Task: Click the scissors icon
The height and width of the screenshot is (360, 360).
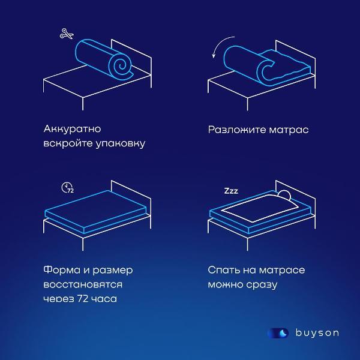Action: [x=67, y=34]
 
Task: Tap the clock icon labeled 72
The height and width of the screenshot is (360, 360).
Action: [x=67, y=188]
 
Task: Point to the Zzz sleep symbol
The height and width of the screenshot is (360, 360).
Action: [x=231, y=191]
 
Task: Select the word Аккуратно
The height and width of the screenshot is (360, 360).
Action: [x=72, y=129]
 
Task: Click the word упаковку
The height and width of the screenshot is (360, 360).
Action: [x=121, y=144]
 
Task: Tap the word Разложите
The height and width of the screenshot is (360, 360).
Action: [x=237, y=130]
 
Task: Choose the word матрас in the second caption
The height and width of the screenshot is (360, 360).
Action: [x=289, y=130]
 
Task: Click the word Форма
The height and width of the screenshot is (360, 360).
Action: [x=62, y=270]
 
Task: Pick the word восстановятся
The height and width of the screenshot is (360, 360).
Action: [x=83, y=284]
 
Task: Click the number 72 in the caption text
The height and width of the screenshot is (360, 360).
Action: [x=83, y=299]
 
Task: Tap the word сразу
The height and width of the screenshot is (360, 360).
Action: [x=262, y=285]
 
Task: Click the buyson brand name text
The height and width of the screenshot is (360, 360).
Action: [x=317, y=333]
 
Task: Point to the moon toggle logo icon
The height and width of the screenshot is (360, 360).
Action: [x=278, y=333]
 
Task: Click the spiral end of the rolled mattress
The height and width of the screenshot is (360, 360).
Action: [x=121, y=67]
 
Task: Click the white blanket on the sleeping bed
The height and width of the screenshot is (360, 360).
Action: [x=260, y=208]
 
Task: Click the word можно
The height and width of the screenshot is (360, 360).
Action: [x=226, y=285]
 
